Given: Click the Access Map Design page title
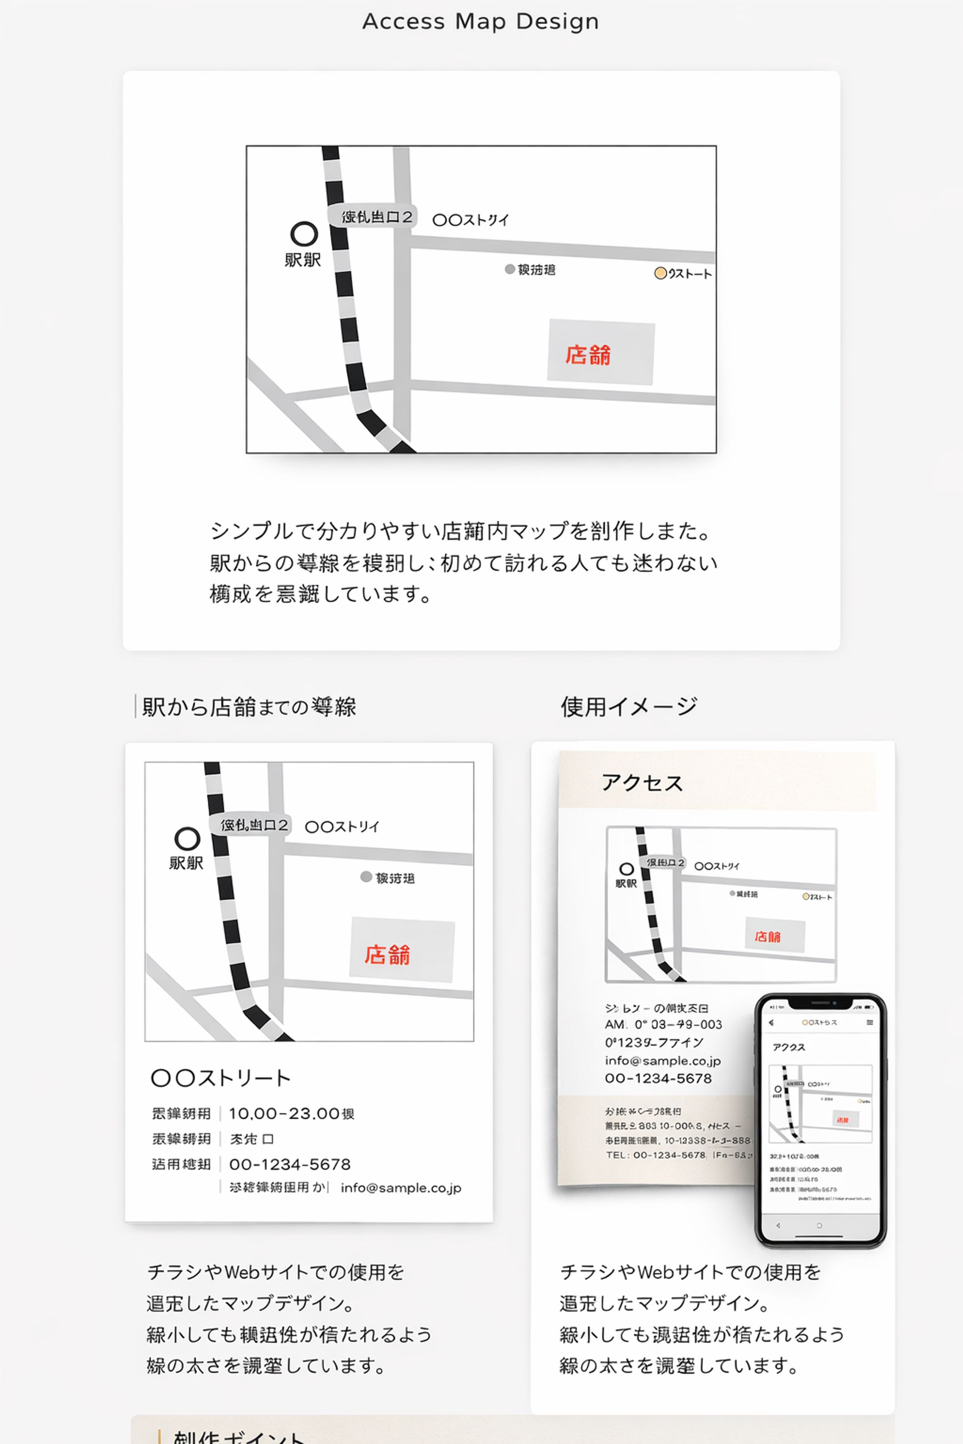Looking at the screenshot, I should [x=480, y=22].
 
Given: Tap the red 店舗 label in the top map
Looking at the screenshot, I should [x=588, y=355].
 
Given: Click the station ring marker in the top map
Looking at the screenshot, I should [x=304, y=234].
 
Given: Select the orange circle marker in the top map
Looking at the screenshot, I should [x=660, y=273].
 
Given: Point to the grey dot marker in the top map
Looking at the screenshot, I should [x=510, y=269].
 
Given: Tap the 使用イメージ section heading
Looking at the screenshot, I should [x=628, y=707].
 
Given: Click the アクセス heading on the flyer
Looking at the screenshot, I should [x=642, y=783].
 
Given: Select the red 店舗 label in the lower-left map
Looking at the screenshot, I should [x=387, y=955].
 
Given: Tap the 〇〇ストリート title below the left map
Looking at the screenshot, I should [x=220, y=1078].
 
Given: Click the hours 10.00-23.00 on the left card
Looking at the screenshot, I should [x=291, y=1114].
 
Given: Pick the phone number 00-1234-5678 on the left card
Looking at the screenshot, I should [x=290, y=1165].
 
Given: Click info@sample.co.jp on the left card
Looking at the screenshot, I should [x=400, y=1188].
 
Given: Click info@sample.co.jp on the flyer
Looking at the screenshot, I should [x=662, y=1061].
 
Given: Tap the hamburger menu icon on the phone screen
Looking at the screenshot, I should [x=870, y=1022].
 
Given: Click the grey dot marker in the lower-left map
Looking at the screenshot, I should [x=366, y=877].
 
